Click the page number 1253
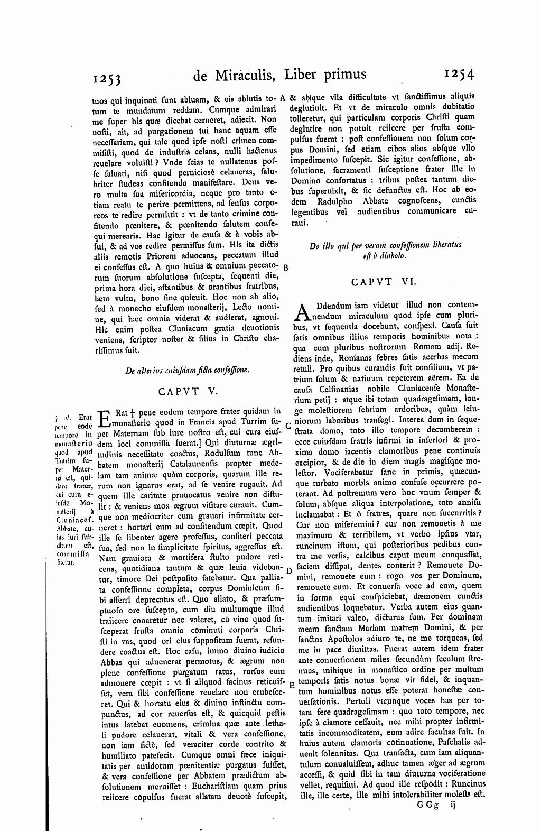coord(107,78)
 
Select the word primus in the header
coord(343,75)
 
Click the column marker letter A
coord(283,97)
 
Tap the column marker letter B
coord(286,267)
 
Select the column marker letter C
coord(288,425)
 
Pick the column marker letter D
coord(288,570)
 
